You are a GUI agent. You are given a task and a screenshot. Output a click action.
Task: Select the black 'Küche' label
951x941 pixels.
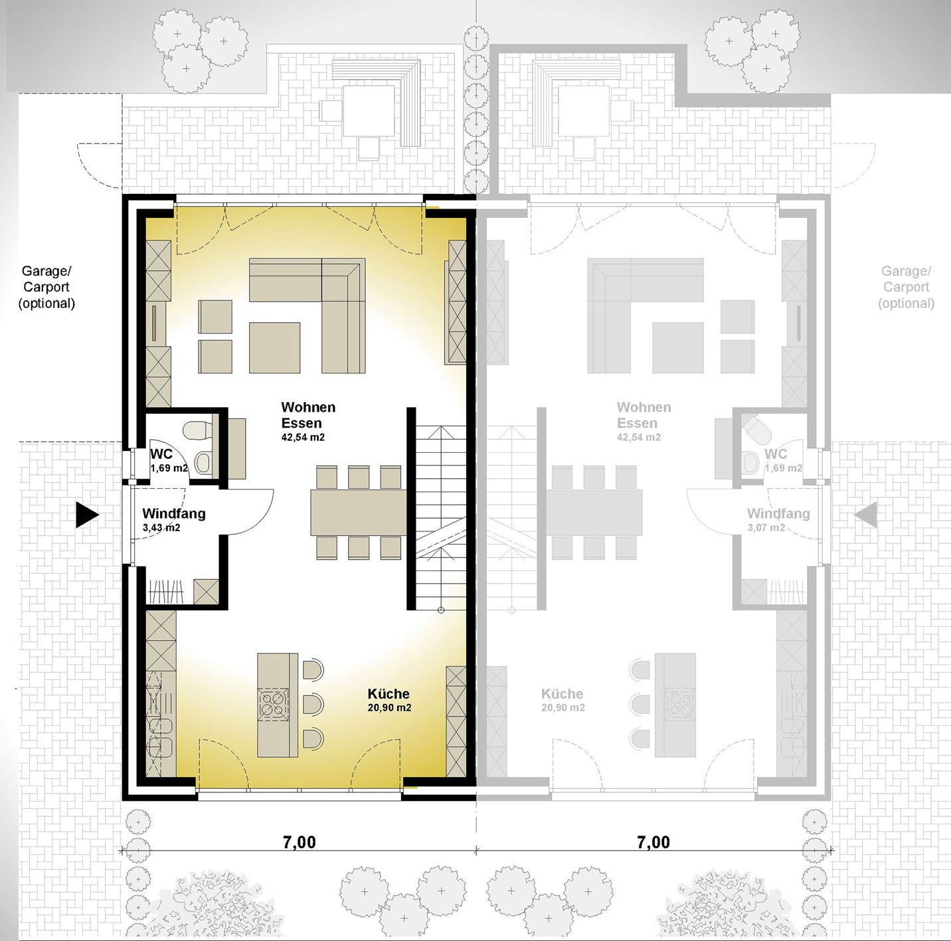389,694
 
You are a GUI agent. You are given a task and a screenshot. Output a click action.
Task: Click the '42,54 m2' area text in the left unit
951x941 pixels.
303,437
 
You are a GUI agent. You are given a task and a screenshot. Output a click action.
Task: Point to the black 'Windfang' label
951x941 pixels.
174,513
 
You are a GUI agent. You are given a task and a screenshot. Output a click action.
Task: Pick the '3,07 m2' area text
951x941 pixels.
766,528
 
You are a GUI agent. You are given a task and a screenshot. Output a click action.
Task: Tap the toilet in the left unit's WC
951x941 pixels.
197,430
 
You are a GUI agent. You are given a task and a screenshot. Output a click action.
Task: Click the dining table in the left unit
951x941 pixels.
359,512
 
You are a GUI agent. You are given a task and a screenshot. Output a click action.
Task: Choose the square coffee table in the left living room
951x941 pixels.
274,347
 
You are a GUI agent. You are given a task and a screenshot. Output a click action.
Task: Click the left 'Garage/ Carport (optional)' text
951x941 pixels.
46,287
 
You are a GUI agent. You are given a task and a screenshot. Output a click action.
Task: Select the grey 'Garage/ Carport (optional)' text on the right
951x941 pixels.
906,287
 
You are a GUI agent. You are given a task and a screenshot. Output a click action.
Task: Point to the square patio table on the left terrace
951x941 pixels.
369,111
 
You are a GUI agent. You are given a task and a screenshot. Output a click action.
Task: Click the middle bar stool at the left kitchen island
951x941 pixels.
313,704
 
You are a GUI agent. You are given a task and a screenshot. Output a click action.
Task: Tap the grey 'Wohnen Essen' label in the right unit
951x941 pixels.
644,415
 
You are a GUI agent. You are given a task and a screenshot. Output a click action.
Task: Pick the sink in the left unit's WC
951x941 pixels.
203,463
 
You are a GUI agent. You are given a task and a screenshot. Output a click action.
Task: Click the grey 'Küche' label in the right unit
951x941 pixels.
562,694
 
